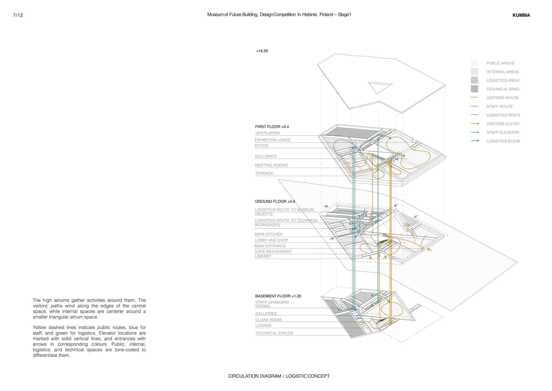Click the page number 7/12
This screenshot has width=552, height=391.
pos(18,15)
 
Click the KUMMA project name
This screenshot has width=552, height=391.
pos(521,15)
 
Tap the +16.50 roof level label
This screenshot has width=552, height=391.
pos(262,51)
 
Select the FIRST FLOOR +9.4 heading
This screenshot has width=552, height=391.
pos(272,127)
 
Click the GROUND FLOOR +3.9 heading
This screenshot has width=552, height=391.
pos(275,202)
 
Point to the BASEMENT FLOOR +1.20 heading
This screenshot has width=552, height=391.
pos(278,296)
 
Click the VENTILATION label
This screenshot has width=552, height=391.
pos(267,133)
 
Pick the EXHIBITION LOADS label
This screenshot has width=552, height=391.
pos(272,140)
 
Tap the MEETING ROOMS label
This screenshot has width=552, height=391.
pos(271,166)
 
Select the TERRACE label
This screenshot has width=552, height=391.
pos(264,174)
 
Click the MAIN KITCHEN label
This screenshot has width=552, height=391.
pos(268,234)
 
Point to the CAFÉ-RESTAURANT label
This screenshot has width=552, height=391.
pos(273,252)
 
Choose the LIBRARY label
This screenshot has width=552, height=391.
pos(263,256)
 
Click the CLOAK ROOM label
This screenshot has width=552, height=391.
pos(268,320)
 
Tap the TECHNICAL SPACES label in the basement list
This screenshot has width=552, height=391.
pos(274,333)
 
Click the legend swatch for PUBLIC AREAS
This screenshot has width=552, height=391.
pos(474,63)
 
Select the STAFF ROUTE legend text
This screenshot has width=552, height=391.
pos(500,107)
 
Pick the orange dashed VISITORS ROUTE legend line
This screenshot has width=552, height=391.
pos(474,98)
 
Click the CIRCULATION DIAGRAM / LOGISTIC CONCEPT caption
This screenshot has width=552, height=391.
pos(279,376)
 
